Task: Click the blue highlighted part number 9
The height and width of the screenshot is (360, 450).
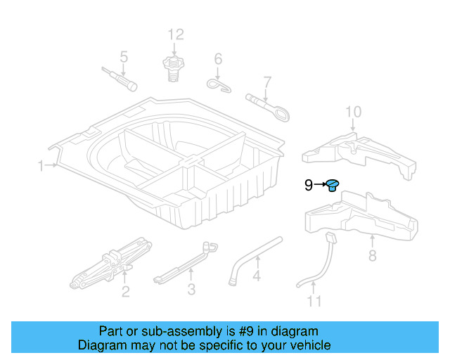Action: pyautogui.click(x=333, y=185)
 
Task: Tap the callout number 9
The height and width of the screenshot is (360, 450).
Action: pyautogui.click(x=309, y=186)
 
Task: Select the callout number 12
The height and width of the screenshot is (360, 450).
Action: pyautogui.click(x=176, y=34)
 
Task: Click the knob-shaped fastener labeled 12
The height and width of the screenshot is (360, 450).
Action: pyautogui.click(x=174, y=69)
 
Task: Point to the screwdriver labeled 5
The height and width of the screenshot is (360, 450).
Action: pyautogui.click(x=120, y=79)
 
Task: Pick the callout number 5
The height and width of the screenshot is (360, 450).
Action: pyautogui.click(x=124, y=57)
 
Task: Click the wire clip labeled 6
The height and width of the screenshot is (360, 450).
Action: pyautogui.click(x=219, y=86)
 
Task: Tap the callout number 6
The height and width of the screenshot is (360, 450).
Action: pyautogui.click(x=218, y=59)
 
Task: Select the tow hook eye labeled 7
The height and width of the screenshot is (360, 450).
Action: pyautogui.click(x=267, y=108)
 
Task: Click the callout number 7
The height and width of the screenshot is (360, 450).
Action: pyautogui.click(x=267, y=82)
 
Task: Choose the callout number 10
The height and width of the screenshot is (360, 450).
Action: pyautogui.click(x=353, y=112)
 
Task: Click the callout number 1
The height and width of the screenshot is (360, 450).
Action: pyautogui.click(x=41, y=166)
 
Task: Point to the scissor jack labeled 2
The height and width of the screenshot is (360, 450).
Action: pyautogui.click(x=111, y=263)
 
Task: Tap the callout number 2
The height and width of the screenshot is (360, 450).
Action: pyautogui.click(x=126, y=292)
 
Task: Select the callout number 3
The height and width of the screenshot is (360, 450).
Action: pyautogui.click(x=191, y=289)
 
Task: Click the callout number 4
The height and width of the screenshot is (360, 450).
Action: pyautogui.click(x=257, y=276)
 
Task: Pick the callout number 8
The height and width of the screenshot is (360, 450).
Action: pyautogui.click(x=372, y=255)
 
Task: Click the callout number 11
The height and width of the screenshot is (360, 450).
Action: pyautogui.click(x=314, y=301)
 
